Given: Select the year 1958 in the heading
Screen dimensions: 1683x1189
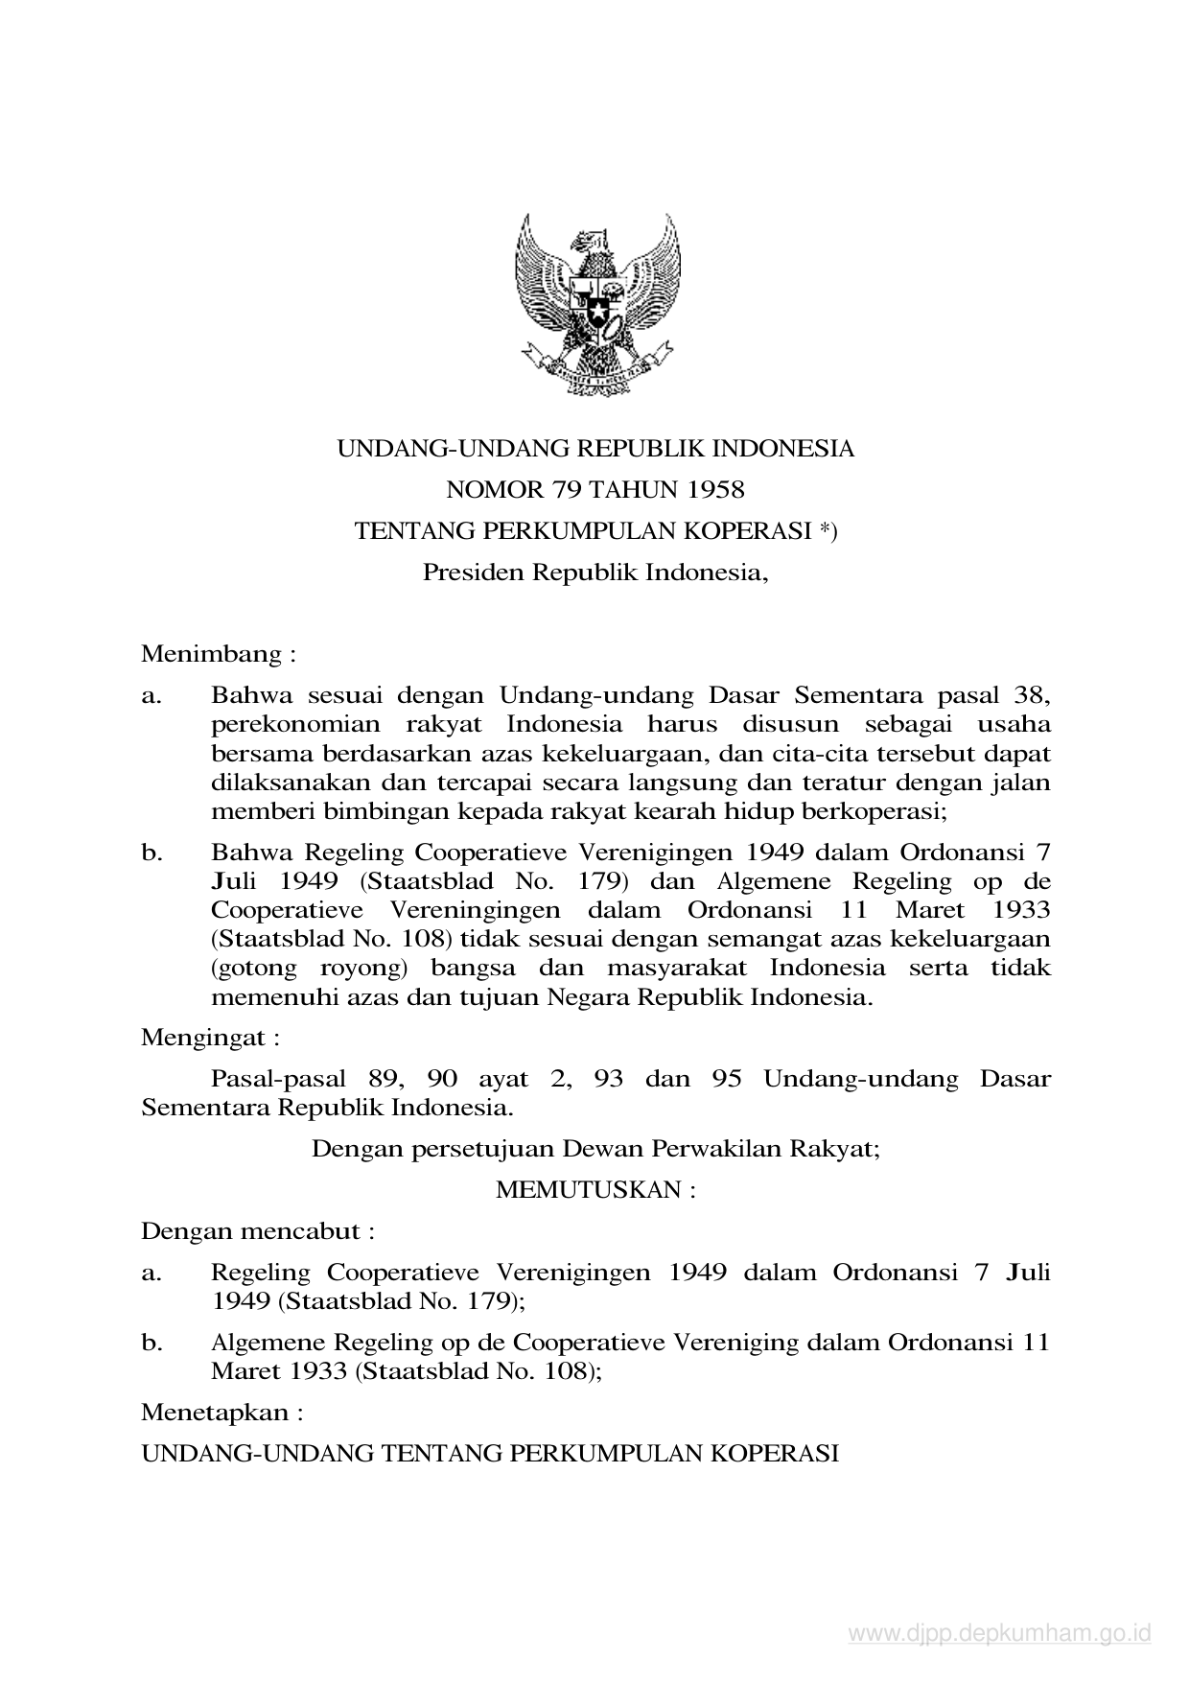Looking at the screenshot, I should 715,490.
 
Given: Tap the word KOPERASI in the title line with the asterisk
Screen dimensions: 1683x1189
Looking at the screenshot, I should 762,531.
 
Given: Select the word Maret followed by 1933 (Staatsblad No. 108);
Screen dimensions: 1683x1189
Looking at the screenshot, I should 245,1370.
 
